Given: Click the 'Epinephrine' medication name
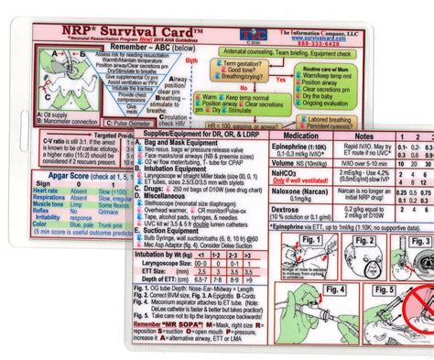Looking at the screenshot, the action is [297, 146].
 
